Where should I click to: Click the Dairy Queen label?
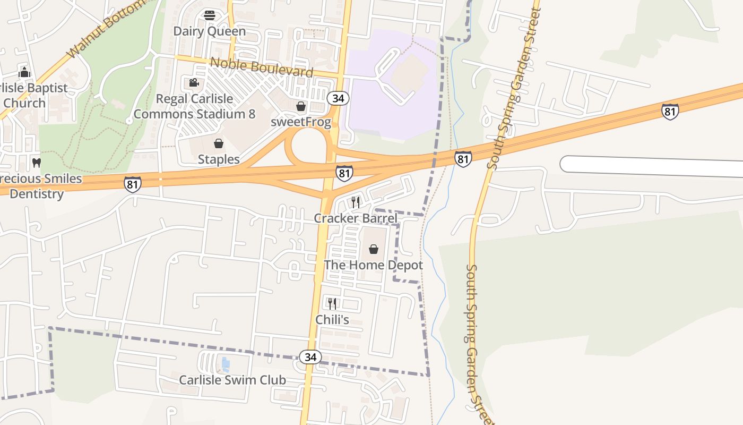point(210,31)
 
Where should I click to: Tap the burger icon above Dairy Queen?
point(210,15)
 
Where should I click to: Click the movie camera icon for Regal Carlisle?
point(194,83)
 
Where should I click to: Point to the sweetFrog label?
point(301,122)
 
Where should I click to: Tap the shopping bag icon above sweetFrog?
point(301,106)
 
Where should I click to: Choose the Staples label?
point(219,159)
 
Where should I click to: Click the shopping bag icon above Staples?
point(219,143)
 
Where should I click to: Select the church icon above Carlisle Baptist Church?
point(24,73)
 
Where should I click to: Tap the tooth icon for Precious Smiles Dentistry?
point(37,163)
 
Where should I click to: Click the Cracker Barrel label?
point(355,218)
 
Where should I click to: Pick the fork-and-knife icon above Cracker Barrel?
point(355,202)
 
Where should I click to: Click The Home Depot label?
point(374,265)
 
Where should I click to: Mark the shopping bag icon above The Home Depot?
point(374,249)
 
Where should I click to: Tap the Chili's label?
point(332,320)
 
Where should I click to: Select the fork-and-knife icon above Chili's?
point(332,304)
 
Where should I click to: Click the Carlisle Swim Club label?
point(232,380)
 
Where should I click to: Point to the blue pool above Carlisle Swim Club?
point(226,364)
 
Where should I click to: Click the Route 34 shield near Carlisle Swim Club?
point(310,357)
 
